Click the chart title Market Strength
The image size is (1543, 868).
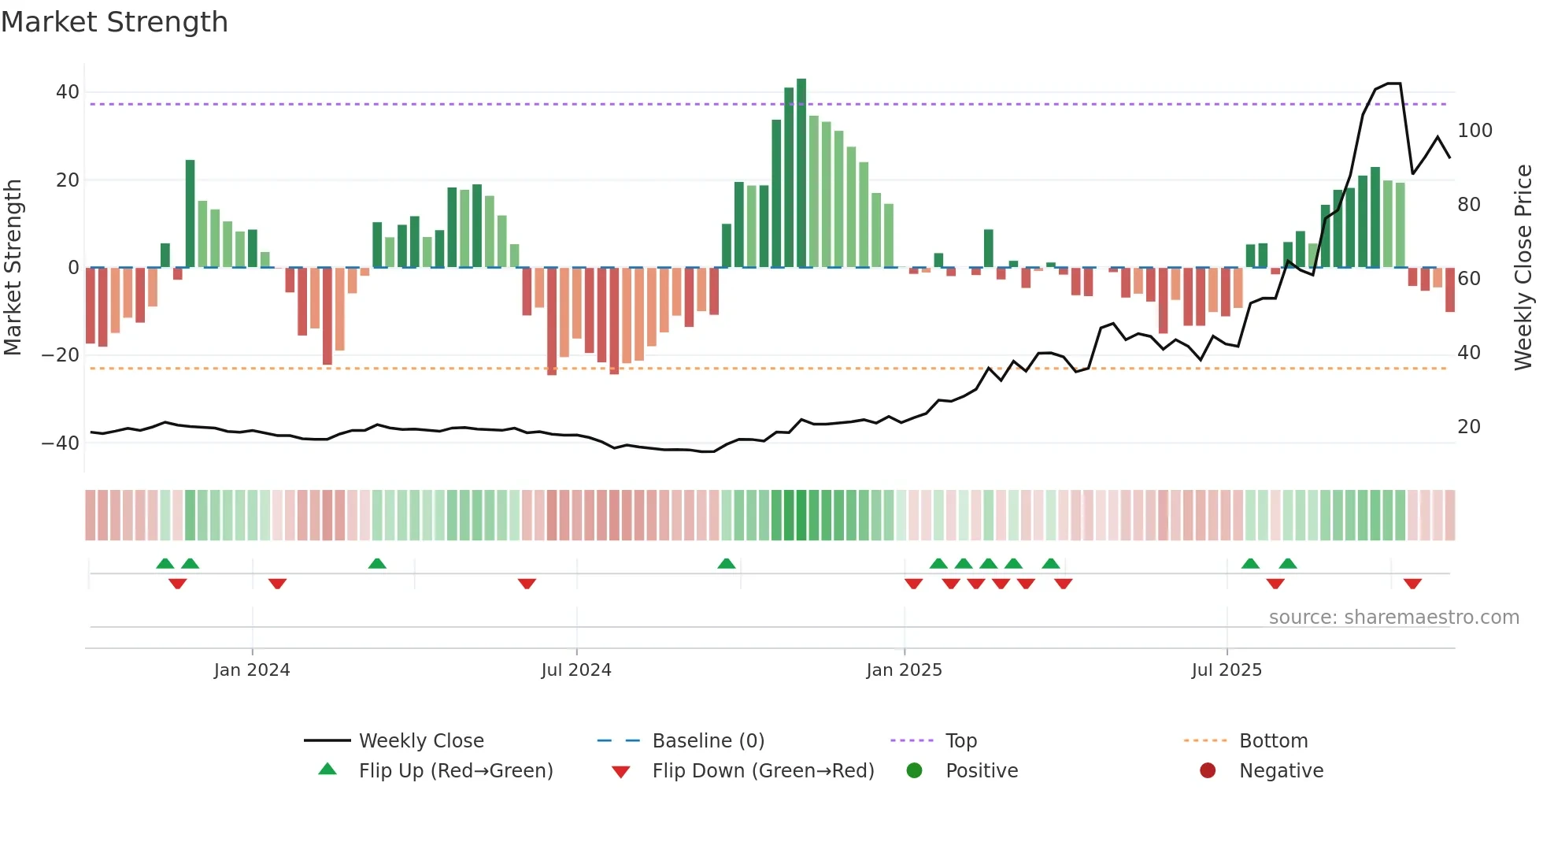pos(114,22)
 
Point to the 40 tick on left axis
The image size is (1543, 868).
pos(68,92)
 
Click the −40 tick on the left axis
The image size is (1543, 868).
pos(61,443)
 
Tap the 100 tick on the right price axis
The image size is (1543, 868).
pos(1475,131)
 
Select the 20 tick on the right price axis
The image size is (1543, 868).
pos(1469,427)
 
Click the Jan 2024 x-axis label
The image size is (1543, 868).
pos(252,670)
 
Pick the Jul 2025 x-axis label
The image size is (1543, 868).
pos(1227,670)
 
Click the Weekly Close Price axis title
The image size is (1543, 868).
pos(1523,268)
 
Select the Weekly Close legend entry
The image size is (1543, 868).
pos(421,741)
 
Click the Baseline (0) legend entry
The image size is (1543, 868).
pos(708,741)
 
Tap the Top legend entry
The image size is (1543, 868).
pos(960,741)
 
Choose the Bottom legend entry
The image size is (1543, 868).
pos(1273,741)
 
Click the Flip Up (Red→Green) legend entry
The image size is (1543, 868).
pos(455,771)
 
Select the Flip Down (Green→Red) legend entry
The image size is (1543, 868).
pos(763,771)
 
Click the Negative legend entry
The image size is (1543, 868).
pos(1281,771)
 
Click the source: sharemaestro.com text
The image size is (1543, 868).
pos(1393,618)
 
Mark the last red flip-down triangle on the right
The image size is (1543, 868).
pos(1412,584)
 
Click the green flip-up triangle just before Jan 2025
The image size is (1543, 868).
pos(727,563)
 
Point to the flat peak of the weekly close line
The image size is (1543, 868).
pos(1393,83)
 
